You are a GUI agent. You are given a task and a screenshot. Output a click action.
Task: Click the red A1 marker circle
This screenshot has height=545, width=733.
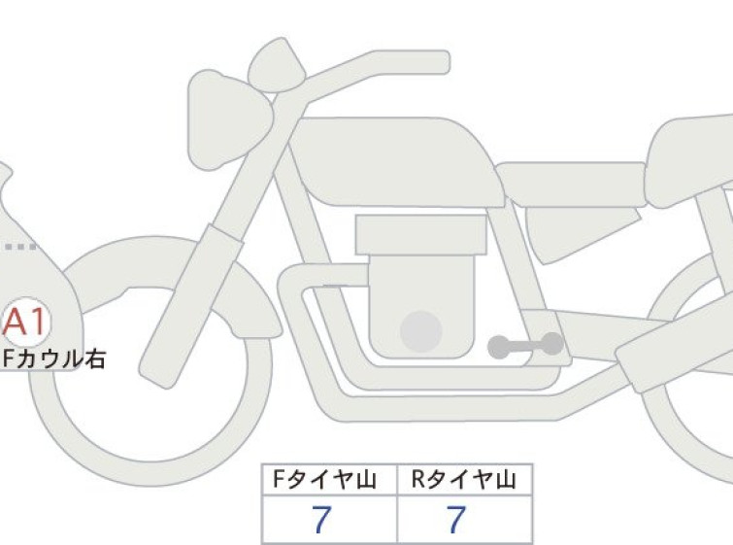(x=24, y=322)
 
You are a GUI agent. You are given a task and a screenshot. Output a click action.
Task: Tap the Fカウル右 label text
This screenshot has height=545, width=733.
(x=53, y=358)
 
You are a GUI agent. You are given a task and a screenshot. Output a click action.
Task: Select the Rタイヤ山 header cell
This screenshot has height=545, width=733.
(x=464, y=479)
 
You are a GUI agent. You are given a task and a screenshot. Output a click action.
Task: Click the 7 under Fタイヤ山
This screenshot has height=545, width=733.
(x=321, y=519)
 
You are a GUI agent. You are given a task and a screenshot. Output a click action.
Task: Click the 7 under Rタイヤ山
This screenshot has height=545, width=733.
(x=456, y=519)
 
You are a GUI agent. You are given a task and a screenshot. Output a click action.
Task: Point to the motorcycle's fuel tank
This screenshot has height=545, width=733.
(x=397, y=161)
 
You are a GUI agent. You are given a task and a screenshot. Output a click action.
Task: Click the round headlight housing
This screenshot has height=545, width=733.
(x=229, y=119)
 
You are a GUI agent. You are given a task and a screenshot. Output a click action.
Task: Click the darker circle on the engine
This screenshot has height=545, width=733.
(x=420, y=331)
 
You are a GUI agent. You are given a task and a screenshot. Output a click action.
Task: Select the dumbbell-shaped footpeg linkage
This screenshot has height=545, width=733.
(x=525, y=346)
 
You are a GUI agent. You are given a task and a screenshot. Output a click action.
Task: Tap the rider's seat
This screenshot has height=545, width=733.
(x=570, y=185)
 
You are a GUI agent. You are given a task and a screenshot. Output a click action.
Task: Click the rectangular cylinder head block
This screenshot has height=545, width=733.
(x=420, y=235)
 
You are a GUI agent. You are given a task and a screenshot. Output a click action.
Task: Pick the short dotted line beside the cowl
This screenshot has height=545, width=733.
(x=20, y=247)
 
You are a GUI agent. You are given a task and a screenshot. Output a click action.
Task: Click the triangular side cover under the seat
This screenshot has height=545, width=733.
(x=580, y=231)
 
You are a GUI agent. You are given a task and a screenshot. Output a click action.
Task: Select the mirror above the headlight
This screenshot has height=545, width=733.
(x=277, y=65)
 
